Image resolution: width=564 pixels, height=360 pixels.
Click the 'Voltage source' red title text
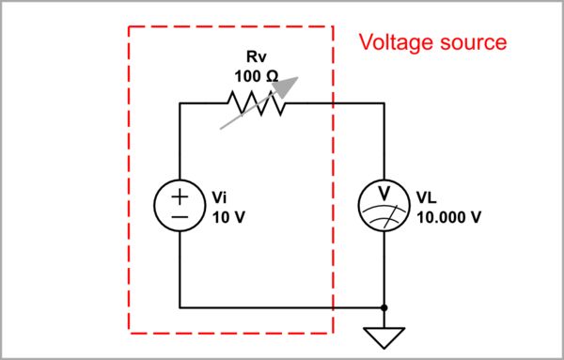433,42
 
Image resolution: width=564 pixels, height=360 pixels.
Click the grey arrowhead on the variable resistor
283,86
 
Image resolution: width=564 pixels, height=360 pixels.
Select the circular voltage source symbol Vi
180,204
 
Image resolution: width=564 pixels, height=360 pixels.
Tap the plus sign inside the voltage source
180,195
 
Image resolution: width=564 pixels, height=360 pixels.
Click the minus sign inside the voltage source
180,215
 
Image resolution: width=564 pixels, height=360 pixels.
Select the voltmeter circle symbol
384,204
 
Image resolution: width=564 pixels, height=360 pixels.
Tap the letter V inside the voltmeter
384,193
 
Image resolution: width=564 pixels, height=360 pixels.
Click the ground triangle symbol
384,336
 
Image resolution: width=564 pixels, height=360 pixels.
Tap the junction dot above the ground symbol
384,306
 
